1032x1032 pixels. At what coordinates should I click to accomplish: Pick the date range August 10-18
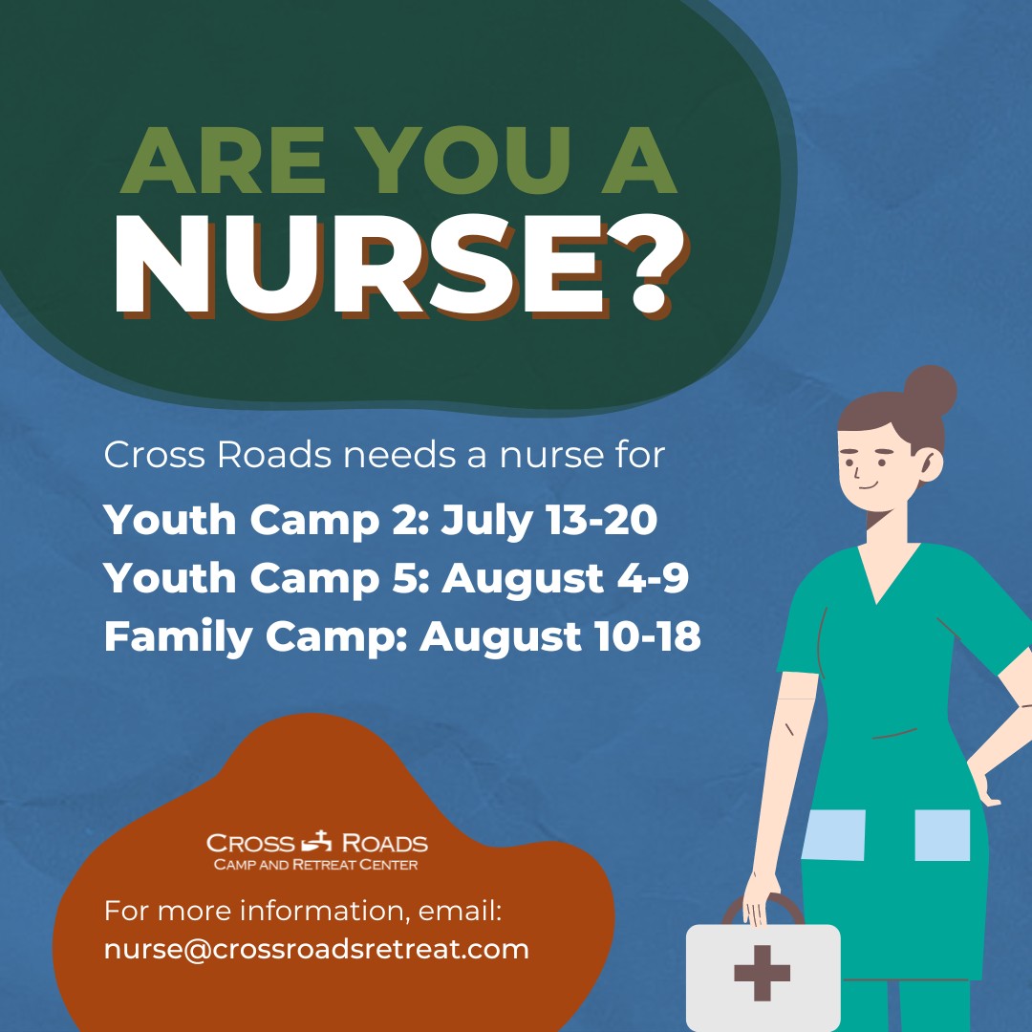pos(560,636)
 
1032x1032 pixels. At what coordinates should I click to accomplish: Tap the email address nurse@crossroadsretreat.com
pos(316,950)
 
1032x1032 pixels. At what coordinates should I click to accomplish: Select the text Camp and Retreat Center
pos(316,864)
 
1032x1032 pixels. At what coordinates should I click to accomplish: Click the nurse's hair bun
pos(930,391)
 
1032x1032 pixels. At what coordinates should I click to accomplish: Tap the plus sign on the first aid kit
pos(763,973)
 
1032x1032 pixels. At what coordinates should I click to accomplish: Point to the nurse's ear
pos(931,464)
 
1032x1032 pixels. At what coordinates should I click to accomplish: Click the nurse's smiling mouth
pos(868,486)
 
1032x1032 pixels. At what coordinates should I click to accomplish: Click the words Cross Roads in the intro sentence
pos(218,455)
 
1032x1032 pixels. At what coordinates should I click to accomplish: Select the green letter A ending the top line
pos(639,161)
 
